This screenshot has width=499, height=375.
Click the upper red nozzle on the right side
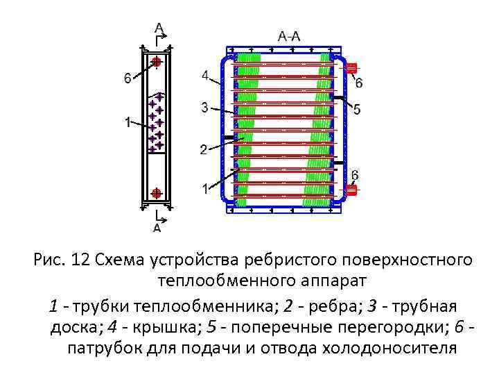351,68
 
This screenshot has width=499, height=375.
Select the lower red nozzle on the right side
351,189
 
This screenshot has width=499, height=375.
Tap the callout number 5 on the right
356,109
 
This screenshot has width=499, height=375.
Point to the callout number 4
205,74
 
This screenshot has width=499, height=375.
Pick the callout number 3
204,107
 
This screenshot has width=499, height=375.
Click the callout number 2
203,149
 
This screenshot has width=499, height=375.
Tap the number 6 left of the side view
127,78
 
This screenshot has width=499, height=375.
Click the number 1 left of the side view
128,123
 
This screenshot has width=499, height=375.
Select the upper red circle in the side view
157,62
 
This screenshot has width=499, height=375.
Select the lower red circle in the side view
157,192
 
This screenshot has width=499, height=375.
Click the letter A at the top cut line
159,28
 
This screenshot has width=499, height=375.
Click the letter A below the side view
157,226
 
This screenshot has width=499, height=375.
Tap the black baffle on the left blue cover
230,137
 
